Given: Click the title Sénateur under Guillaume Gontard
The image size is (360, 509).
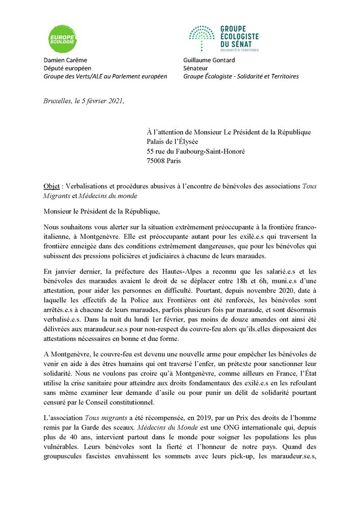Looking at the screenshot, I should click(197, 68).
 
